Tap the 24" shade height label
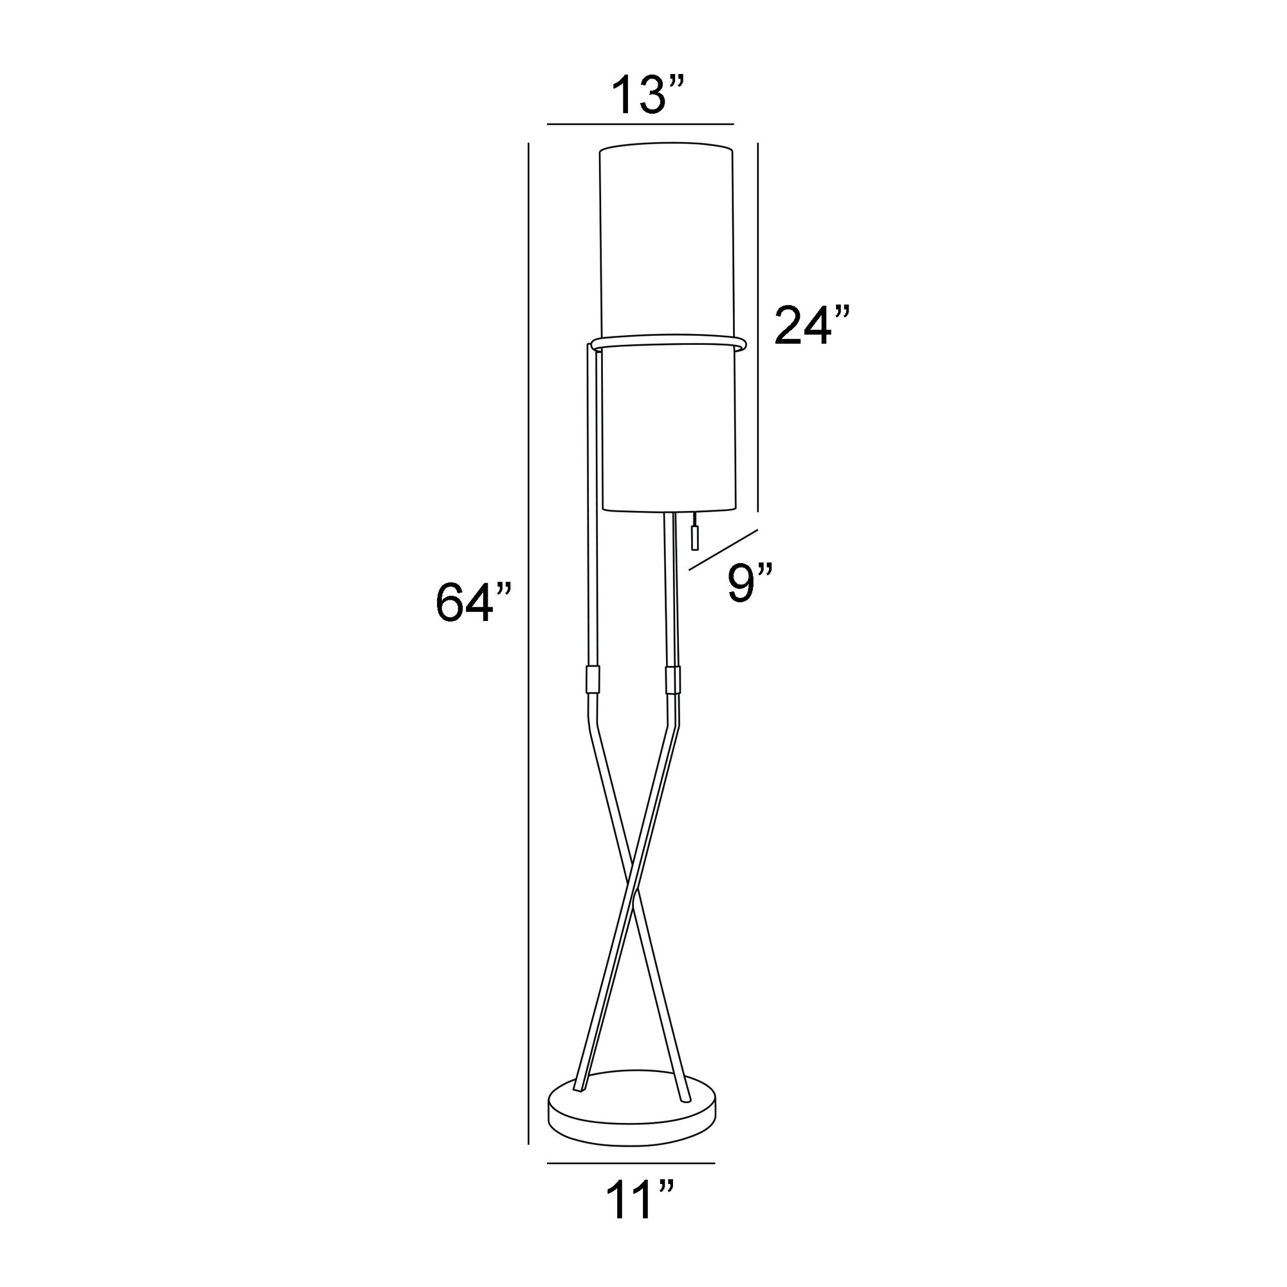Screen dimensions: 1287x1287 tap(812, 326)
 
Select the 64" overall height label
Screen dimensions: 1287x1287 tap(474, 602)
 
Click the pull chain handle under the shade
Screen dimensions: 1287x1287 tap(694, 537)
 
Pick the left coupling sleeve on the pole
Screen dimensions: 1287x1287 tap(592, 680)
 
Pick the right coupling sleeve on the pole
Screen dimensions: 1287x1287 tap(673, 680)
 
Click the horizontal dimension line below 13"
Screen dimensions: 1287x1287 tap(640, 124)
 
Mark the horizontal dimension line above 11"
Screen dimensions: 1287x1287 tap(630, 1163)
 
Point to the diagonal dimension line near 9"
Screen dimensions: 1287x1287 tap(723, 550)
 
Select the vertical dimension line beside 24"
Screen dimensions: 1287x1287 tap(759, 326)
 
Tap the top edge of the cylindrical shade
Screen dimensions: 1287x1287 tap(666, 144)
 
